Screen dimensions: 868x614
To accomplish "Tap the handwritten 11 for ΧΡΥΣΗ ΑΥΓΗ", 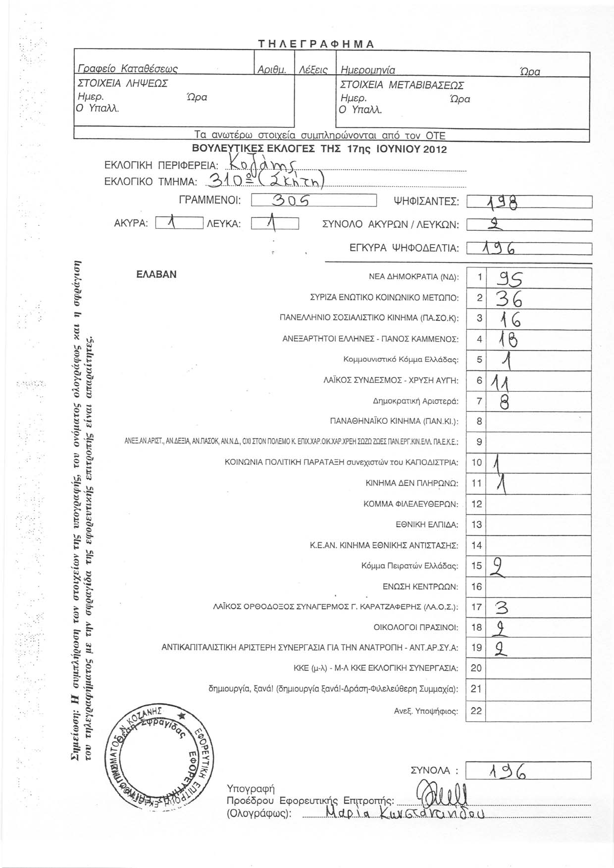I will click(502, 381).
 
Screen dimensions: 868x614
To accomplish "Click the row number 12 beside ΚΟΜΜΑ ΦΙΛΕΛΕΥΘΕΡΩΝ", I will click(476, 504).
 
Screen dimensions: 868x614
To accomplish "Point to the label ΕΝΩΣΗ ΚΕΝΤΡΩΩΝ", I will click(420, 587).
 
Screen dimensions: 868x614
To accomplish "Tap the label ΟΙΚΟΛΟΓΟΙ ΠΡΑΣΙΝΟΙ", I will click(416, 628).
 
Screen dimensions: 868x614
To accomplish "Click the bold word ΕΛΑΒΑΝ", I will click(156, 274).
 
